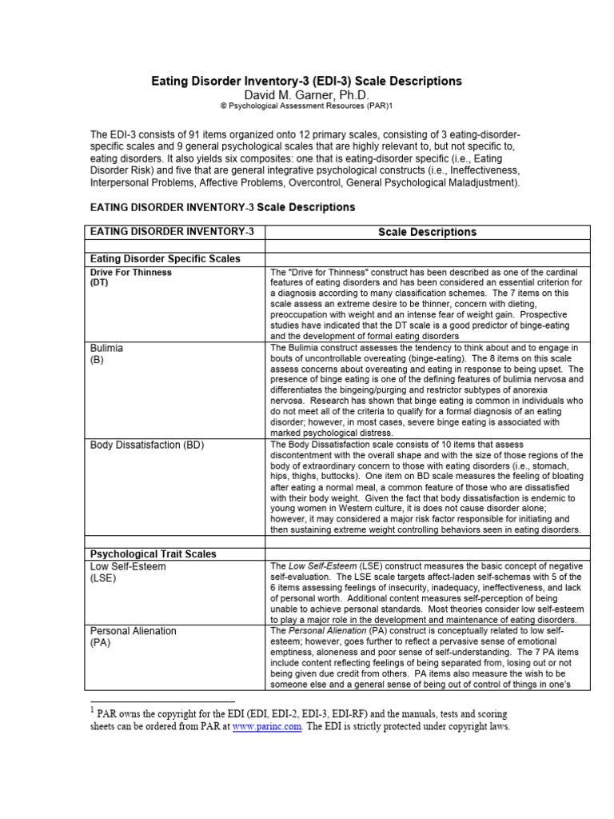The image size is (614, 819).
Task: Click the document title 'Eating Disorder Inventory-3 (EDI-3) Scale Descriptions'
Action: (307, 82)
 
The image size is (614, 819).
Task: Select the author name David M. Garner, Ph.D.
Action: (307, 95)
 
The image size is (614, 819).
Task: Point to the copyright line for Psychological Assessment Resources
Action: (307, 106)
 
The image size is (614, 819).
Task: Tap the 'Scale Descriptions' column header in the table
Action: (427, 232)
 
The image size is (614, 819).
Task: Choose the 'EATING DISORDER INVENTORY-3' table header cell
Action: (172, 231)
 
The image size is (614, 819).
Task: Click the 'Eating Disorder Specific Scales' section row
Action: (165, 259)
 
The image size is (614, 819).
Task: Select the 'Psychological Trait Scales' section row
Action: (153, 553)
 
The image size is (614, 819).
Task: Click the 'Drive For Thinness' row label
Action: (130, 272)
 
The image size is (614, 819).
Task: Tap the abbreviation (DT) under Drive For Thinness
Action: (99, 282)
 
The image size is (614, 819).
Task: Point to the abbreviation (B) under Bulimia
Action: (98, 360)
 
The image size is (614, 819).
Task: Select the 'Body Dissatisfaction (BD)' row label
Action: (148, 444)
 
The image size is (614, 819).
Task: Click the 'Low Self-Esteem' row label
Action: (128, 566)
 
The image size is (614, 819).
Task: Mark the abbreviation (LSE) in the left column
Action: (103, 578)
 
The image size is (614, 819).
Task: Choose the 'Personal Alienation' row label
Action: (133, 631)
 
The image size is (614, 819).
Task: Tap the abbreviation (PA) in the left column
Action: (100, 643)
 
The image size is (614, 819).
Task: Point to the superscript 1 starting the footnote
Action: (92, 709)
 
